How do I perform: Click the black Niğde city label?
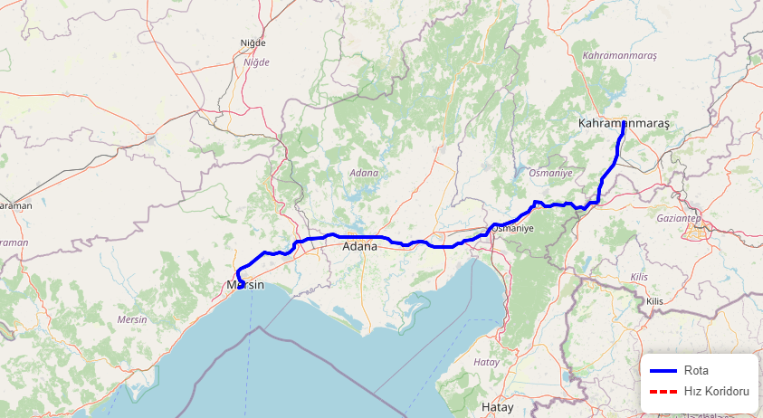253,43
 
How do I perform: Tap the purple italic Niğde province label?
256,62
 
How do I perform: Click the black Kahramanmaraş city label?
622,123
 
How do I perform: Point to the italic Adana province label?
364,172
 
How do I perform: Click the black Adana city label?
359,246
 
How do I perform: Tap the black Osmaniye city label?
513,229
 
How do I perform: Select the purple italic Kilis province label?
638,277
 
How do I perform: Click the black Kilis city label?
654,300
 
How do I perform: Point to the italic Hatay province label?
487,362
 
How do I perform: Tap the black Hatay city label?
497,407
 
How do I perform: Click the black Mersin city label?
244,285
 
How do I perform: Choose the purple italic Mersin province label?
132,319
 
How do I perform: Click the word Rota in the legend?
696,370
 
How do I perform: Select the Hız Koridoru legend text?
717,391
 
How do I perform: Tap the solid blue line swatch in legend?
663,370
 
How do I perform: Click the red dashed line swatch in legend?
663,391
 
